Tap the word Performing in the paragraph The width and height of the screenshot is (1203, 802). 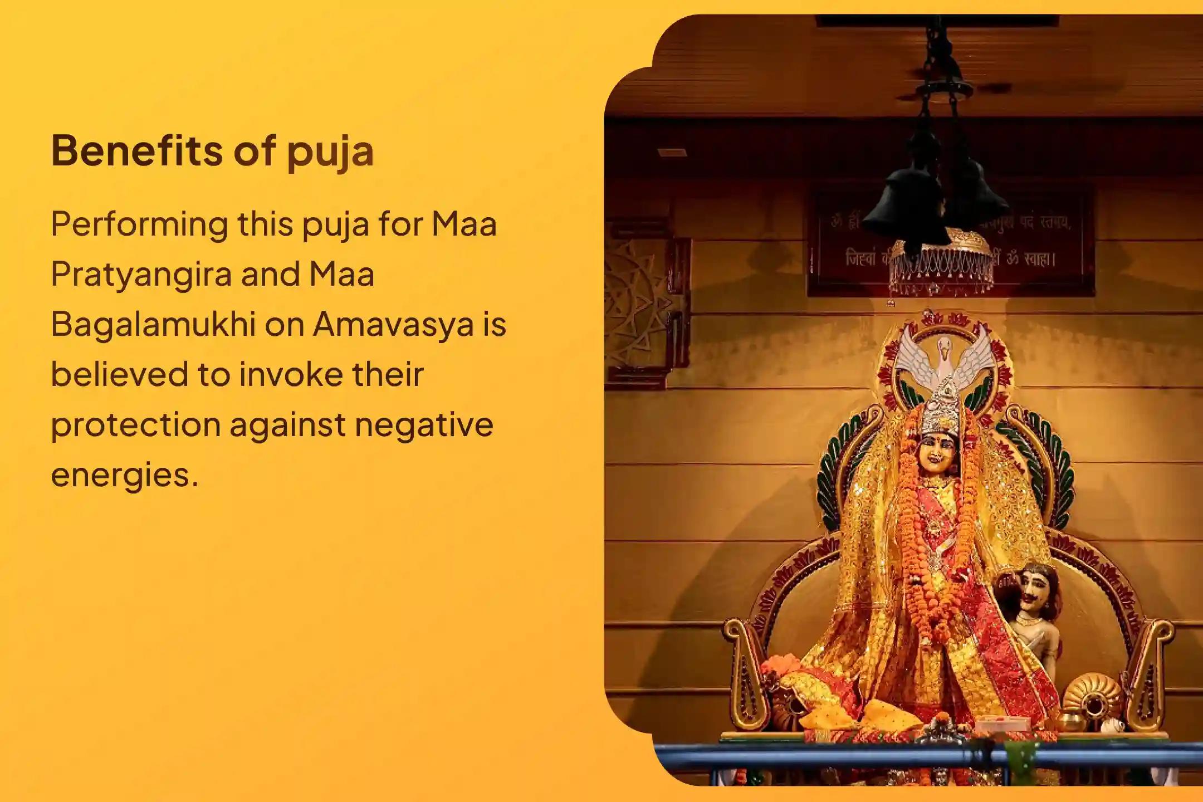click(x=139, y=225)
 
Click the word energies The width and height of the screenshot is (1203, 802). click(x=124, y=475)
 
